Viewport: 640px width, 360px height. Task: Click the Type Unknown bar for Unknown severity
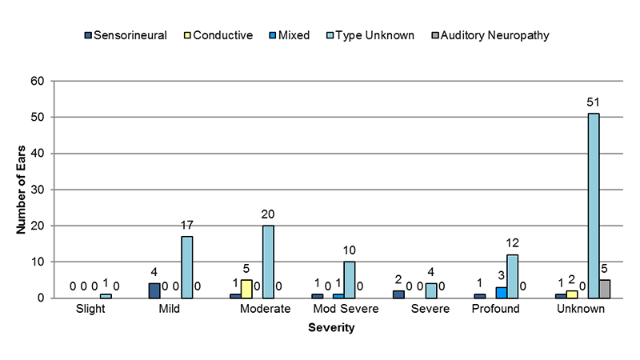point(594,206)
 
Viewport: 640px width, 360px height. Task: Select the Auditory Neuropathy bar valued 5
point(605,289)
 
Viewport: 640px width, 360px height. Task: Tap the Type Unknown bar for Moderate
point(267,262)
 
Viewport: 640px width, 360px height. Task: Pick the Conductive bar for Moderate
point(246,289)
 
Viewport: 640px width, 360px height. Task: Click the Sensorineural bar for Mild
point(154,290)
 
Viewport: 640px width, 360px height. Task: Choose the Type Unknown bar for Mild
point(186,267)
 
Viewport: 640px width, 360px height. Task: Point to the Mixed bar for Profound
point(501,293)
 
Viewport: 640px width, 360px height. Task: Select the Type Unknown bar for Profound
point(512,276)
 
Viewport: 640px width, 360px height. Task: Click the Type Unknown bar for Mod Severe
point(350,280)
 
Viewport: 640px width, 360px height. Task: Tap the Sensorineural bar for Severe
point(398,294)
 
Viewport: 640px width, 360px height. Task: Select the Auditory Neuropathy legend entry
point(498,35)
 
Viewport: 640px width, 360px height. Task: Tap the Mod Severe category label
point(344,309)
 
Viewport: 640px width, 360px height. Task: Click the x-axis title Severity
point(331,327)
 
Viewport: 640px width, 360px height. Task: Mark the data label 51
point(593,102)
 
